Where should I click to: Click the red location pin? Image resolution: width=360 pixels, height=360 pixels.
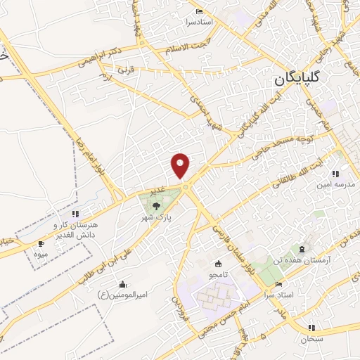point(181,165)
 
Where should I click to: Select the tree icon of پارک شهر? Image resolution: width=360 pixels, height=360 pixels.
point(156,205)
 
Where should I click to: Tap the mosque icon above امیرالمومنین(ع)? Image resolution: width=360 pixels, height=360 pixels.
point(123,284)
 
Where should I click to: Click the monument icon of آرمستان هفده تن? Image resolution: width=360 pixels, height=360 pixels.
point(302,250)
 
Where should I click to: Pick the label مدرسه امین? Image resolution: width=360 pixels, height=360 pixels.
point(333,184)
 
